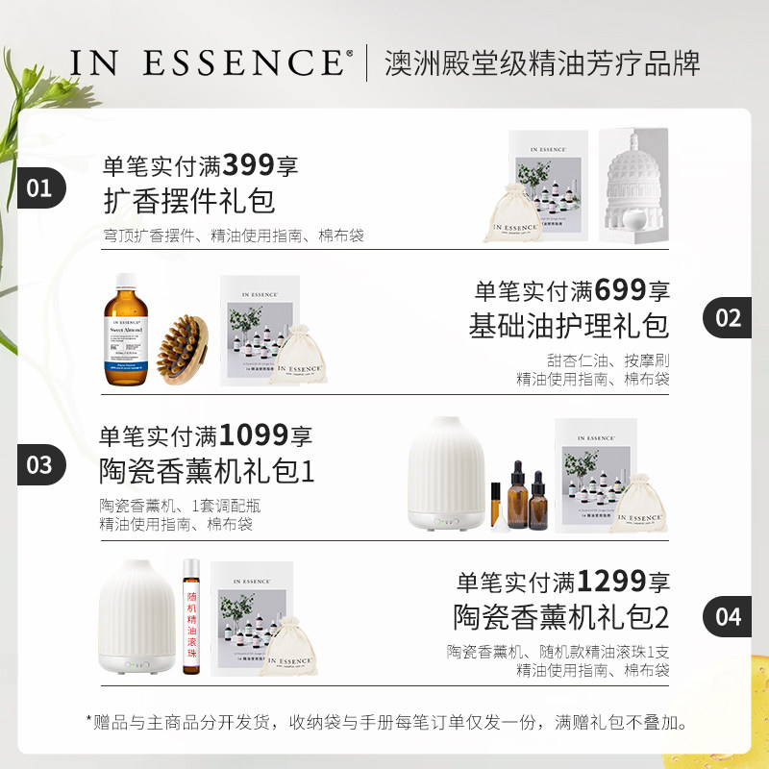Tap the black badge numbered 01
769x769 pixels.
pos(40,187)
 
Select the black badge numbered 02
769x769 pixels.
pos(728,317)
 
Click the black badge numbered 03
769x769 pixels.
pos(40,465)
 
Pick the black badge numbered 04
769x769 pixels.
pos(728,615)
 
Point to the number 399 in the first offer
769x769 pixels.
pos(249,165)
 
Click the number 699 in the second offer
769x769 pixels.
pos(621,288)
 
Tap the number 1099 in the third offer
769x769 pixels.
pos(254,435)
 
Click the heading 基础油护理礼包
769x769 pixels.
pos(569,325)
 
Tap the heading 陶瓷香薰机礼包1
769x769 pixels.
pos(207,472)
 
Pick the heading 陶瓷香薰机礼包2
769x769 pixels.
pos(561,616)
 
